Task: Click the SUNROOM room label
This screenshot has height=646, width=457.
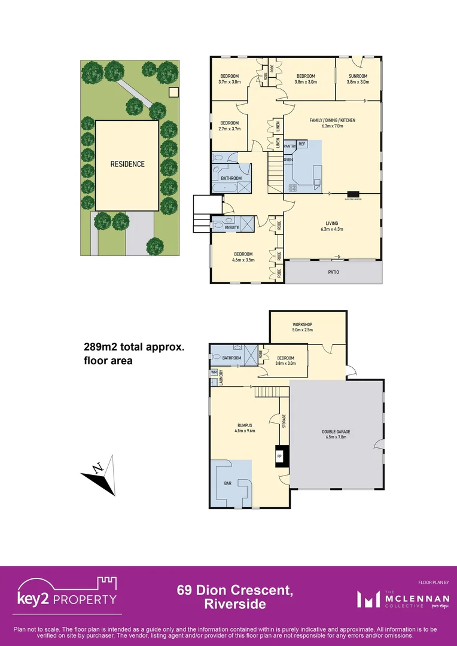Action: [x=358, y=76]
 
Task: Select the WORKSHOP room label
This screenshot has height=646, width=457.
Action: [x=303, y=324]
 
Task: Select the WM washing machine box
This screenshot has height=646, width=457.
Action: [x=213, y=372]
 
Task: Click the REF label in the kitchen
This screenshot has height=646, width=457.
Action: [x=302, y=144]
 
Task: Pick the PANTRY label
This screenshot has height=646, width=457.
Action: [x=290, y=145]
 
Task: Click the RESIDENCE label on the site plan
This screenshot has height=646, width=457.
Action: [x=127, y=164]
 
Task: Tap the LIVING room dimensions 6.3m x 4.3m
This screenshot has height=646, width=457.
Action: [x=332, y=228]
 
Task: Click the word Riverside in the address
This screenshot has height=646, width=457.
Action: [x=235, y=604]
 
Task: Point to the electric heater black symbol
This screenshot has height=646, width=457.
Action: [x=353, y=193]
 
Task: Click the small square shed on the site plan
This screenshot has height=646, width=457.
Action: [x=173, y=92]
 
